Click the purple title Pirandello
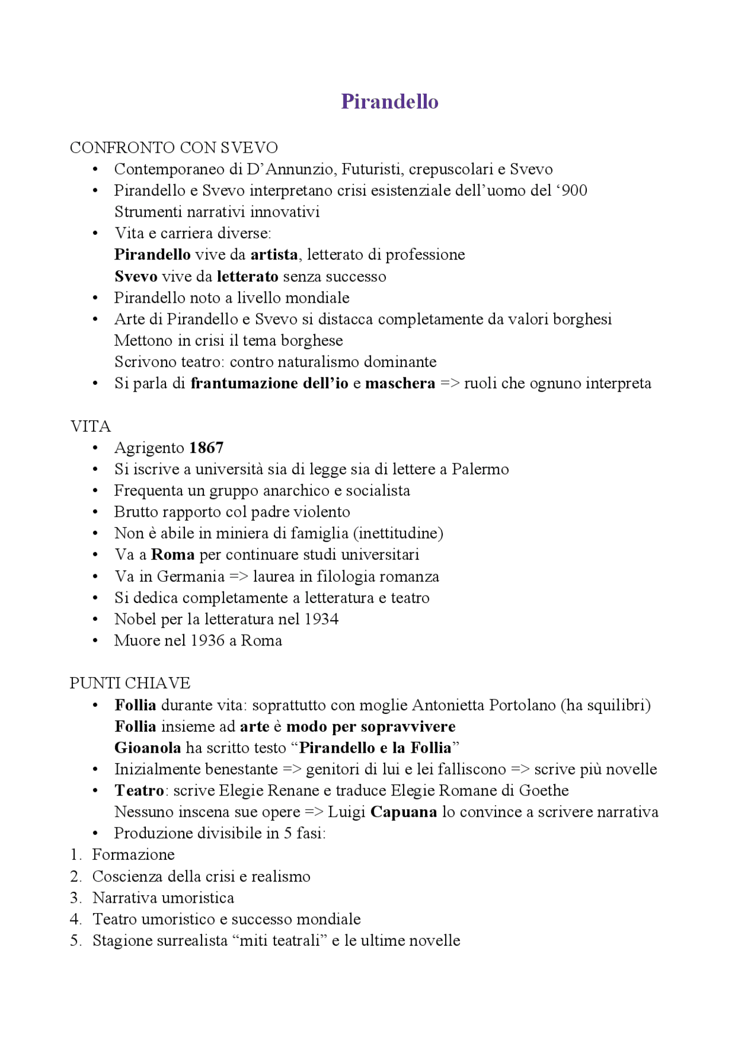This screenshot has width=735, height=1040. tap(389, 102)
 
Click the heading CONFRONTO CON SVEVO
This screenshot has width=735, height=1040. tap(173, 148)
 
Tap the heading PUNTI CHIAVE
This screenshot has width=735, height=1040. tap(130, 683)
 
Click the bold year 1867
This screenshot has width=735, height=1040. tap(206, 448)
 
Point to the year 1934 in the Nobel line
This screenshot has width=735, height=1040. tap(321, 619)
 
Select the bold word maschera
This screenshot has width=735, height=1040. tap(400, 383)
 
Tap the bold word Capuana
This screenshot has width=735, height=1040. tap(403, 811)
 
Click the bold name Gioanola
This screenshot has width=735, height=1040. tap(148, 748)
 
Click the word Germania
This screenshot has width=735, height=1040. tap(190, 576)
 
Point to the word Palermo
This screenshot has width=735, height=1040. tap(480, 469)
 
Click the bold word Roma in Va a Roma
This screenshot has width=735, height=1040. tap(172, 555)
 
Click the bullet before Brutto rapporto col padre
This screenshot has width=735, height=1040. tap(95, 512)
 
